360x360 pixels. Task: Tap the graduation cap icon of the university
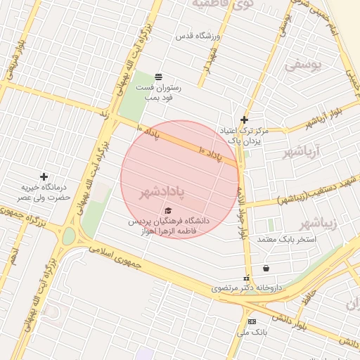tap(167, 211)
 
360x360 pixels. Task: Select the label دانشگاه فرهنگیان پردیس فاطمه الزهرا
tap(169, 225)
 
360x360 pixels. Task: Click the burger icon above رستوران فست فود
tap(158, 76)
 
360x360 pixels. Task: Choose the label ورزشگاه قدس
tap(204, 35)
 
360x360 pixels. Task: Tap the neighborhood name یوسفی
tap(302, 65)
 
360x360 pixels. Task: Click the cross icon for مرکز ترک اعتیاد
tap(244, 120)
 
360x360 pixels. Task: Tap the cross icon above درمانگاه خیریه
tap(44, 176)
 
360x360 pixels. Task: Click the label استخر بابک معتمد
tap(287, 240)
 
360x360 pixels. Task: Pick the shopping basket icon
tap(266, 268)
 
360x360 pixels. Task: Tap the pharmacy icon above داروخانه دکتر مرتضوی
tap(246, 278)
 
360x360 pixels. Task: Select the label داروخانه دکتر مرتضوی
tap(246, 288)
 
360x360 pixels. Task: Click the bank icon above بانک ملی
tap(252, 321)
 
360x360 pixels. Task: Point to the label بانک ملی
tap(252, 331)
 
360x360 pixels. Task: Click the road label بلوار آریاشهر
tap(326, 117)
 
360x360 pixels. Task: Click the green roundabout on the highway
tap(68, 236)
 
